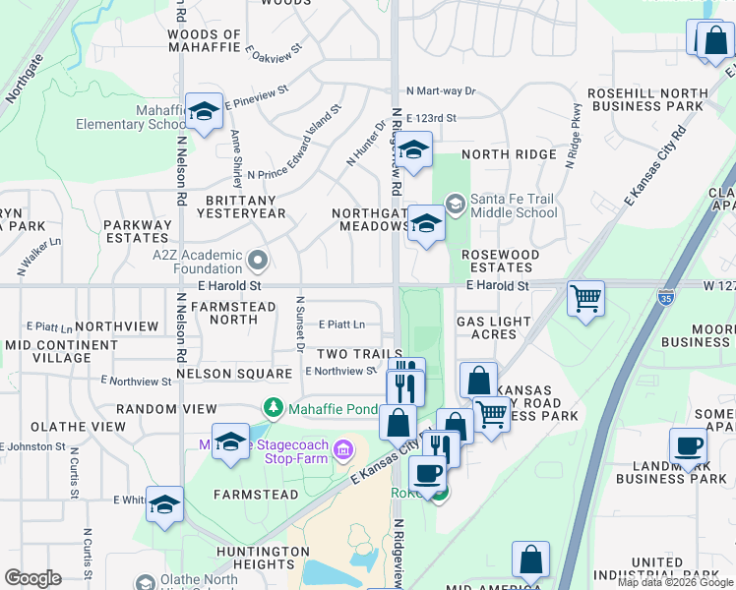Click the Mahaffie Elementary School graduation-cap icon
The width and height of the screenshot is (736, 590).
tap(204, 112)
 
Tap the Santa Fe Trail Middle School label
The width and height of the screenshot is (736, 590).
tap(514, 206)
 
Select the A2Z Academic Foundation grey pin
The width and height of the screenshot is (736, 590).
tap(258, 261)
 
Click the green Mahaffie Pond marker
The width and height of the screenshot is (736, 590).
tap(273, 407)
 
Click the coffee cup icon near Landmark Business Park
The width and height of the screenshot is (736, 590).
tap(689, 445)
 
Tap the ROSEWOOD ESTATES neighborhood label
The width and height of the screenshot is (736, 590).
tap(501, 261)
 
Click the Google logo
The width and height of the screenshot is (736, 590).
tap(32, 578)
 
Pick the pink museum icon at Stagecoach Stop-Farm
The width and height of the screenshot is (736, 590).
tap(341, 450)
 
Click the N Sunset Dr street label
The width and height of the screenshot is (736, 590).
tap(299, 324)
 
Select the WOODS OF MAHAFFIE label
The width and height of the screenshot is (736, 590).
tap(205, 40)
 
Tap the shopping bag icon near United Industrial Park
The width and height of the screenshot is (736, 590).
tap(530, 560)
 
